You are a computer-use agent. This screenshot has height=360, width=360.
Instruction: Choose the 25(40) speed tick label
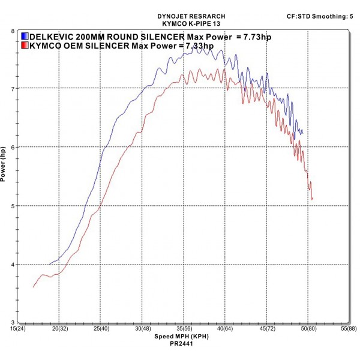click(100, 329)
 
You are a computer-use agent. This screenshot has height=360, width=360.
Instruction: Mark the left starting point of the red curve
click(33, 287)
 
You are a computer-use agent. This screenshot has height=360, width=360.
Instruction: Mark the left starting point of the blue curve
click(50, 264)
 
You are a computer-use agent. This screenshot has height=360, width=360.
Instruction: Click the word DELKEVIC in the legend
click(53, 37)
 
